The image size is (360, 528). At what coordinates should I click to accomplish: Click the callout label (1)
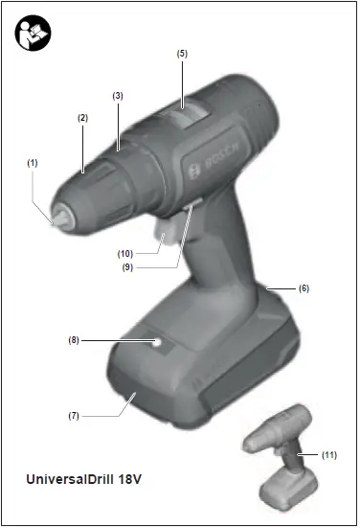pos(32,163)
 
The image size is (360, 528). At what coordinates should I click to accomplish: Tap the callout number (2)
pos(82,117)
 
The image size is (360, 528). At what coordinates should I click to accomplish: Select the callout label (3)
pos(118,96)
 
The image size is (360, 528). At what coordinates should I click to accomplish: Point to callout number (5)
pos(182,54)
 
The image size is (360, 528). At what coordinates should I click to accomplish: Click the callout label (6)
pos(304,287)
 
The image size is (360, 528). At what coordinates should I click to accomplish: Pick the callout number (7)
pos(73,415)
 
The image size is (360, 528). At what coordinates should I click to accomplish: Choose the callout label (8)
pos(73,338)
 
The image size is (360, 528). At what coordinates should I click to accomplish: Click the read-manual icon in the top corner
pos(34,33)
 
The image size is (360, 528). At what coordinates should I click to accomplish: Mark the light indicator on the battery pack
pos(156,341)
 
